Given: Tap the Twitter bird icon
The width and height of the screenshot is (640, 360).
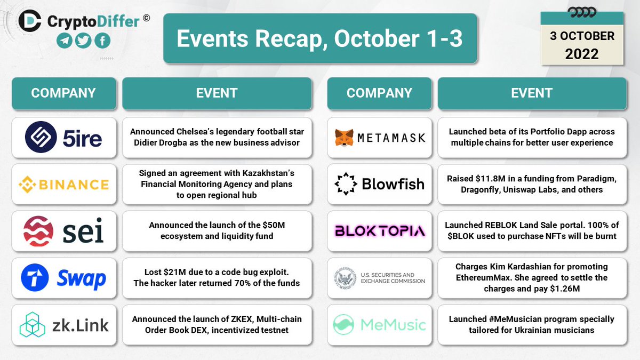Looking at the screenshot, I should pos(83,41).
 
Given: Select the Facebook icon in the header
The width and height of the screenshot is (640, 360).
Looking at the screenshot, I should pos(102,41).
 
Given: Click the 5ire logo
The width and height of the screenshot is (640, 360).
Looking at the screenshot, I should pos(63,138).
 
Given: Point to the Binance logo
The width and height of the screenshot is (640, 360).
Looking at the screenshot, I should pos(63,185).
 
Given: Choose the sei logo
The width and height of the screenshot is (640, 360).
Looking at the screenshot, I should pos(63,231).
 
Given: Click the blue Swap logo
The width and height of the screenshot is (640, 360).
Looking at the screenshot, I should pos(63,278).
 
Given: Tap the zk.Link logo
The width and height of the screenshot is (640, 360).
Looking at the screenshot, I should pos(63,324).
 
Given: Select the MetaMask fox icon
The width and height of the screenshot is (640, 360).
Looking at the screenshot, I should pos(343,138).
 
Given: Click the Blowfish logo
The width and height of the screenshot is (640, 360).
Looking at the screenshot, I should pos(379,185).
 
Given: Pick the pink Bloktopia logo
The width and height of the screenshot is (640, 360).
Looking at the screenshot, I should pos(379,231).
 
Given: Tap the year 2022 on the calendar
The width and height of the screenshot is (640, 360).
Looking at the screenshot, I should pos(582,54).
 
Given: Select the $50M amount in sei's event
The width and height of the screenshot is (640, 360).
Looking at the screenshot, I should pos(272,226).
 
